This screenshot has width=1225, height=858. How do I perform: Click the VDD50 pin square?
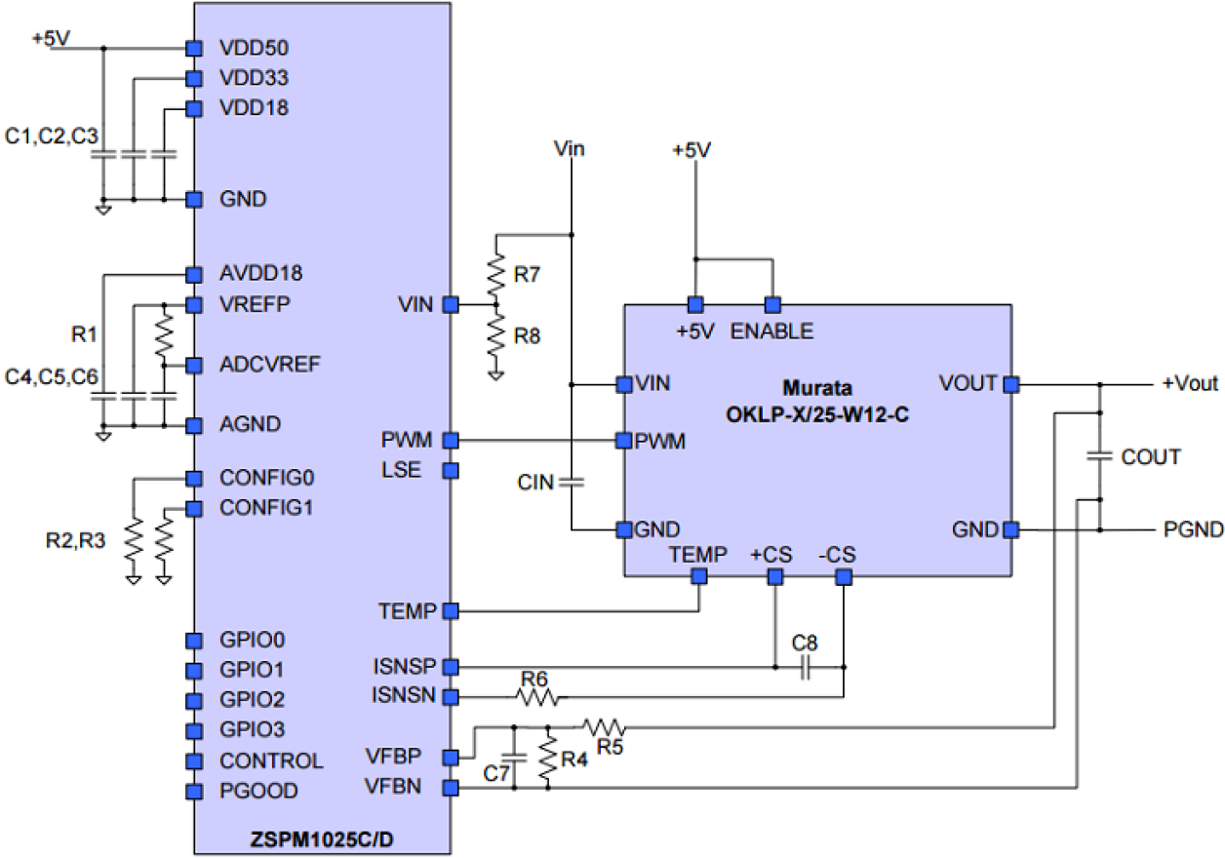[193, 48]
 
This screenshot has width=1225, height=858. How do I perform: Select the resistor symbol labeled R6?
[538, 696]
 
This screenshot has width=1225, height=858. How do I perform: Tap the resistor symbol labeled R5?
[605, 726]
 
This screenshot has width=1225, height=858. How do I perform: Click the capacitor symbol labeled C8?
[806, 668]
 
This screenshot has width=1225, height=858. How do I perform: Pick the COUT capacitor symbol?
[1099, 456]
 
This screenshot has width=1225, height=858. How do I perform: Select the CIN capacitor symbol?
[572, 481]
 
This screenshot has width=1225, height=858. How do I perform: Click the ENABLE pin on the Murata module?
[772, 303]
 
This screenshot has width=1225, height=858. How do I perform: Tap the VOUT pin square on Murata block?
[1011, 384]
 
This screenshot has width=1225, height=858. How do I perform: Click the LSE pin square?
[451, 471]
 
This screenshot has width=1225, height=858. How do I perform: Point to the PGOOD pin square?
[193, 791]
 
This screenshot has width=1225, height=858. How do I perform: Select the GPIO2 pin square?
[193, 700]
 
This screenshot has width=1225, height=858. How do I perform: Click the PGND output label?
[1192, 530]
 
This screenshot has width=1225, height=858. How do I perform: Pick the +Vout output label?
[1189, 384]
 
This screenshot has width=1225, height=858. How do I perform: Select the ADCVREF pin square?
[193, 366]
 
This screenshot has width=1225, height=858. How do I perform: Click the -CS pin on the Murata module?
[844, 577]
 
